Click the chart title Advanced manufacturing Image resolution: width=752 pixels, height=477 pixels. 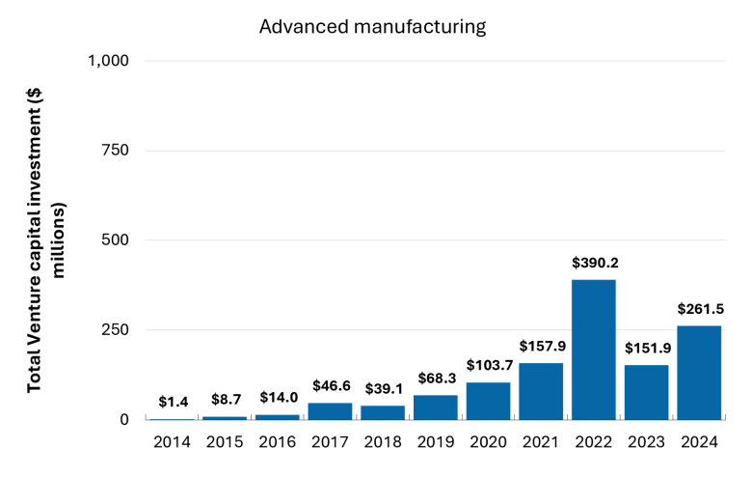373,26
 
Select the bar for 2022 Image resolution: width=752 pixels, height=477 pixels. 594,350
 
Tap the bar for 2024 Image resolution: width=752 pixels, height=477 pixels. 699,373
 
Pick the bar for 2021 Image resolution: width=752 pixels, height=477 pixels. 541,391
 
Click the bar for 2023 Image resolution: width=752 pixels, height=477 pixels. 647,392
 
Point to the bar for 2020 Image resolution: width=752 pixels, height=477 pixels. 488,401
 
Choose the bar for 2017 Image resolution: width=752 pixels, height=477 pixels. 330,411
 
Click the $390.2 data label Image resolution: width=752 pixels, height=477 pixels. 595,263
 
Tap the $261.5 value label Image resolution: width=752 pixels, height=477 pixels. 701,309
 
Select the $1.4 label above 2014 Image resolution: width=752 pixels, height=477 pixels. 174,402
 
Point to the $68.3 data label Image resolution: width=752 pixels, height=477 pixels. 437,379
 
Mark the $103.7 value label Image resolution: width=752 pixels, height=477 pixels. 490,365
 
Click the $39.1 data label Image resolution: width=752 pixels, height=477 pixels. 384,388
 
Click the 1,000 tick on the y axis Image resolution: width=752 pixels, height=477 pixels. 108,61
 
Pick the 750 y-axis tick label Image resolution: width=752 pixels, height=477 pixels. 115,151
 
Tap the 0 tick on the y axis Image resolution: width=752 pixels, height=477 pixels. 124,419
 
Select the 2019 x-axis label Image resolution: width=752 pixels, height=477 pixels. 436,442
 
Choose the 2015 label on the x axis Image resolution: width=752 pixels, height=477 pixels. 225,442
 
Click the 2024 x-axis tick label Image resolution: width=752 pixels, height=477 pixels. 699,442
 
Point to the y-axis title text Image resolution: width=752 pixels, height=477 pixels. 45,240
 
